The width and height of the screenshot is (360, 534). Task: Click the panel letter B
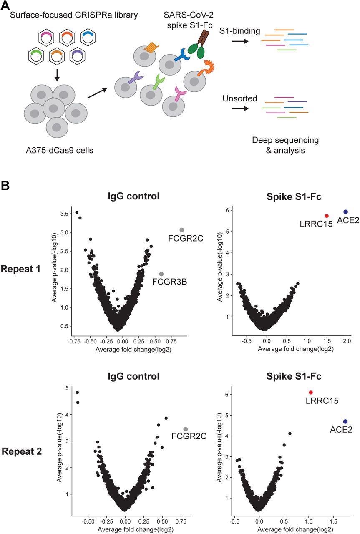click(x=6, y=185)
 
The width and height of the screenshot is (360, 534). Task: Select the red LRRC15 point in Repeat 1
click(x=327, y=216)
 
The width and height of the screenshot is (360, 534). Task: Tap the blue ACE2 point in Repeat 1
click(x=345, y=212)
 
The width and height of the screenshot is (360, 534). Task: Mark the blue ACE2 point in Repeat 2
click(x=345, y=422)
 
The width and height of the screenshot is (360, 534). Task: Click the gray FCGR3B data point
click(x=161, y=274)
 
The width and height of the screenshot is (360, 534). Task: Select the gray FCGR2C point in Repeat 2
click(x=186, y=429)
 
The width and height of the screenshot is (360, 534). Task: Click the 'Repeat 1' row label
click(x=21, y=269)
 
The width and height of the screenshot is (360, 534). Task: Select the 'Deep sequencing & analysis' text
click(x=285, y=145)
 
